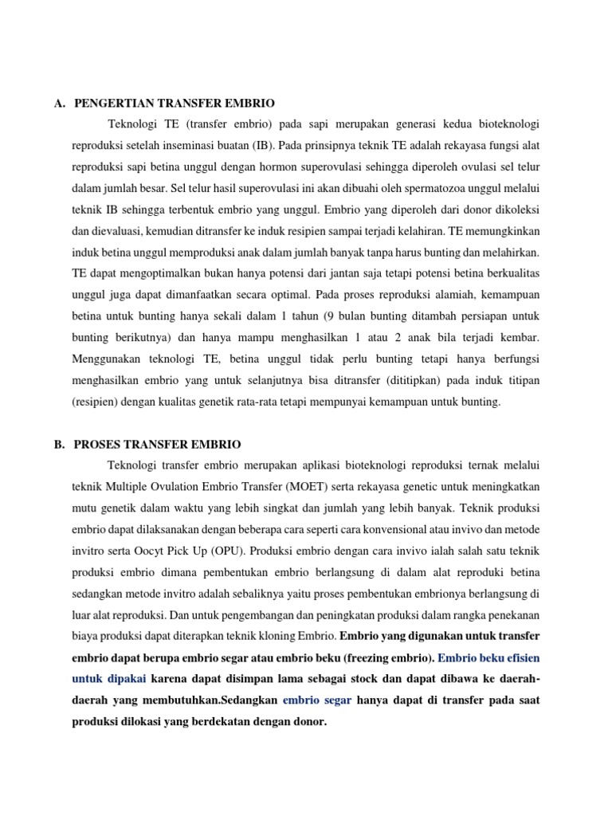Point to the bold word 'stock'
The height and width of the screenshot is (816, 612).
tap(363, 678)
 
